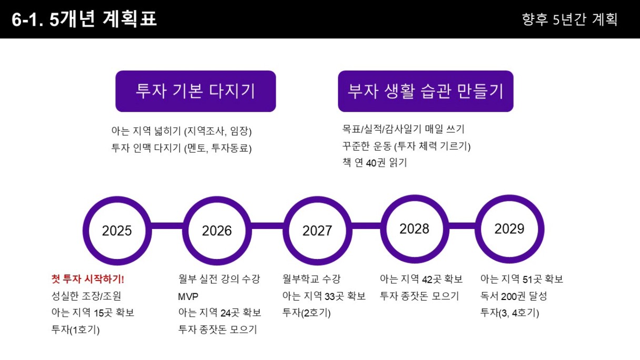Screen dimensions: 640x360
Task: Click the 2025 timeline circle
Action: tap(86, 231)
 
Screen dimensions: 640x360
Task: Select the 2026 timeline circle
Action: tap(185, 231)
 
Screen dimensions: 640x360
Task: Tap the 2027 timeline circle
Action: tap(286, 231)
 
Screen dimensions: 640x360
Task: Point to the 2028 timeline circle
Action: tap(384, 229)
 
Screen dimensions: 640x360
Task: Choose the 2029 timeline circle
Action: tap(478, 229)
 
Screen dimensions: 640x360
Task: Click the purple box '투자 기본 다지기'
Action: tap(196, 91)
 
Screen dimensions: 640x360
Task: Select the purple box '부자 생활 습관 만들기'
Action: tap(426, 91)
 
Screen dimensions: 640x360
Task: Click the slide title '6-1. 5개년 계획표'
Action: tap(84, 19)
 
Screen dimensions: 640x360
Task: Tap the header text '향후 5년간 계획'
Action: tap(569, 19)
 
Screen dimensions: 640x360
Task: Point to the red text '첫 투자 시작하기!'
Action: tap(88, 279)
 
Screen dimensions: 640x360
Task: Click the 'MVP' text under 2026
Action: tap(188, 296)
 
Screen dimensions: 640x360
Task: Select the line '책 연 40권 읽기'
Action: tap(375, 163)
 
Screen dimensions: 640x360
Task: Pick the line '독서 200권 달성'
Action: tap(514, 296)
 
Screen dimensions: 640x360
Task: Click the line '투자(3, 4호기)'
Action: tap(509, 313)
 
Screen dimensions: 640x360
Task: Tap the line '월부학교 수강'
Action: tap(312, 279)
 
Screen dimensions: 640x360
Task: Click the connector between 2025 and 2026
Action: tap(167, 226)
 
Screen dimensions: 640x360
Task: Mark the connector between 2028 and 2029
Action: tap(462, 226)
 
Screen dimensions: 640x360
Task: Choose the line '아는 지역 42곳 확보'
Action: tap(421, 279)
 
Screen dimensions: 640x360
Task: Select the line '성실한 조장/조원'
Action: tap(86, 296)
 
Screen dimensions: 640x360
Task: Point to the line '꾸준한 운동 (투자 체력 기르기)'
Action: tap(406, 146)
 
